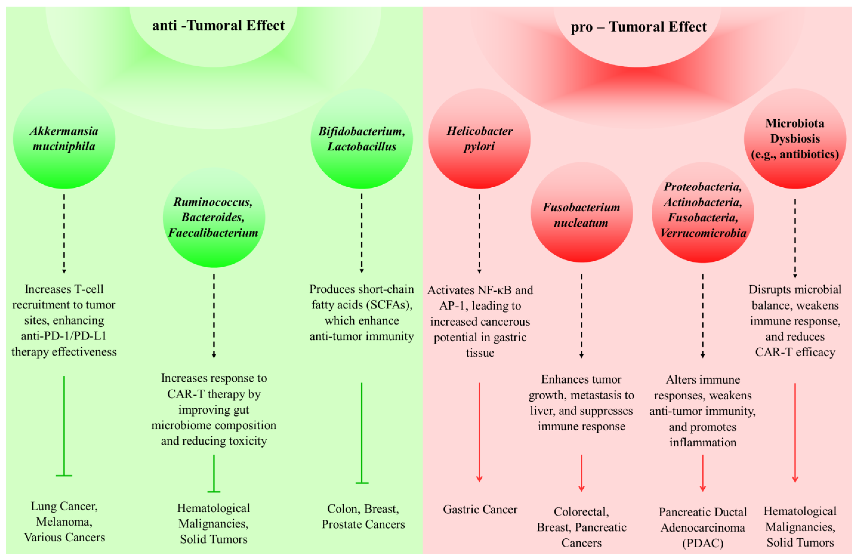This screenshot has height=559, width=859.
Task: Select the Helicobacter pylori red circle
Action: coord(479,139)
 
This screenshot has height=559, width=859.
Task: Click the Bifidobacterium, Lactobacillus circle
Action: coord(362,139)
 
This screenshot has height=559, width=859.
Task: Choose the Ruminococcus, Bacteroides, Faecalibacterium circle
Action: coord(214,218)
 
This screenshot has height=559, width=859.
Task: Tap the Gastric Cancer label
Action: coord(480,509)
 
